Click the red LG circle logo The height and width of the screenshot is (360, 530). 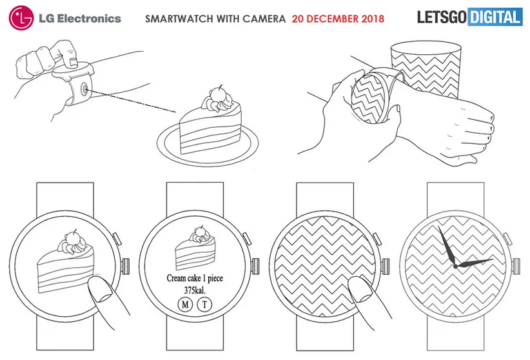pos(21,18)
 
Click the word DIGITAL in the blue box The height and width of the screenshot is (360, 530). pos(495,17)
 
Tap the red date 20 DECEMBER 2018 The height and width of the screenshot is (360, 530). pos(338,19)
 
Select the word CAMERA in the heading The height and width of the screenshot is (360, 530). pos(264,19)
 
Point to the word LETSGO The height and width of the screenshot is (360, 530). pos(442,17)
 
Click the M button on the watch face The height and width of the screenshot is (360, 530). pos(185,305)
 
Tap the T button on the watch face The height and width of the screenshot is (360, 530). pos(204,305)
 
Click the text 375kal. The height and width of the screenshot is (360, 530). pos(195,290)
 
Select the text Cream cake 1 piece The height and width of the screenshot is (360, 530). pos(195,278)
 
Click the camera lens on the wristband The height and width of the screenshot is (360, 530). pos(84,90)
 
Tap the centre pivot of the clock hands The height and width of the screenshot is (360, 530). pos(455,266)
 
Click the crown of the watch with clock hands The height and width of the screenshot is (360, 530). pos(516,266)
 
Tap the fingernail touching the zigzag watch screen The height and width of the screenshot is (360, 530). pos(361,294)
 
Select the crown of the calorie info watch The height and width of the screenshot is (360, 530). pos(255,266)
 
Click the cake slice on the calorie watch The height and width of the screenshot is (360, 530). pos(195,248)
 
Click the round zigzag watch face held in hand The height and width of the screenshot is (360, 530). pos(368,98)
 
